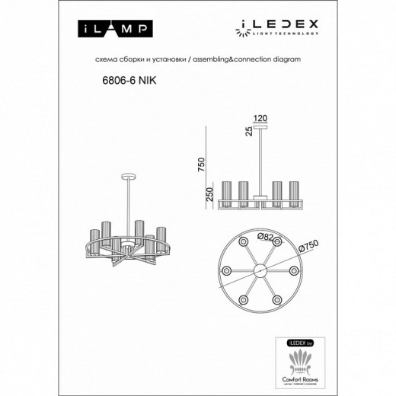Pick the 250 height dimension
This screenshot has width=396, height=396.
point(201,195)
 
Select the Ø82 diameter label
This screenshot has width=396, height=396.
point(267,237)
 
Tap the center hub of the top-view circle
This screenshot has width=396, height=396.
point(260,270)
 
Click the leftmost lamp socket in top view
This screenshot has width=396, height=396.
point(226,270)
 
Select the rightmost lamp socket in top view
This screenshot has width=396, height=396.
point(295,270)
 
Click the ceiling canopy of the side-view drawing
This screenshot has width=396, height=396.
point(261,129)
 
